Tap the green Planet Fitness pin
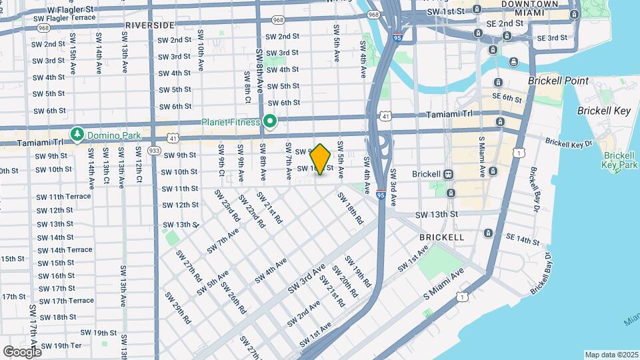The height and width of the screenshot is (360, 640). tap(270, 122)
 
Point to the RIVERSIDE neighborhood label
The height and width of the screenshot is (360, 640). tap(149, 25)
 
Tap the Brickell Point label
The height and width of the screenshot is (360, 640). tap(558, 81)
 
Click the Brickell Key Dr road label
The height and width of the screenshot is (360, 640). tap(568, 142)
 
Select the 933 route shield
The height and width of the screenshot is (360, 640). tap(154, 151)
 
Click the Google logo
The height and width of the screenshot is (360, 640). tap(21, 351)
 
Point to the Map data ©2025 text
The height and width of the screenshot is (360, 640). tap(611, 355)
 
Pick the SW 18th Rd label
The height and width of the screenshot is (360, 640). tap(350, 208)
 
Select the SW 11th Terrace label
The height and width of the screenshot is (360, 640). tap(64, 197)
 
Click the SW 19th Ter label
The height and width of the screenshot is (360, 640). tap(61, 345)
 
